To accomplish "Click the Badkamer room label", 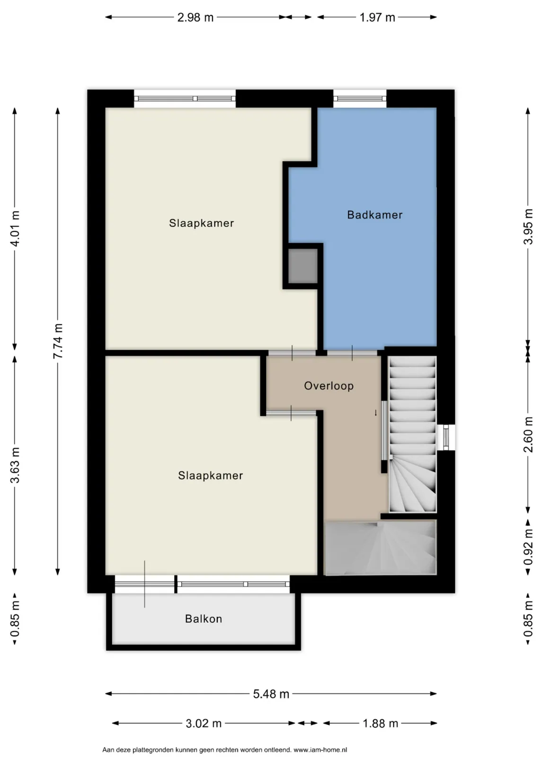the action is point(374,215).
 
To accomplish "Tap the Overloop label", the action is point(329,386).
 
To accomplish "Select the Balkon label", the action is point(204,618).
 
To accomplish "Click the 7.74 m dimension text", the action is point(58,341).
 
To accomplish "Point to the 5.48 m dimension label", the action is point(271,694).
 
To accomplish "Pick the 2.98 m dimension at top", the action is point(195,17).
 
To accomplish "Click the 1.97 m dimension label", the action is point(377,17).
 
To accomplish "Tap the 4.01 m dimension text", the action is point(15,228).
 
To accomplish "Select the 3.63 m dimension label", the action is point(15,465).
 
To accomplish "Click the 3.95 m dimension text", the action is point(528,226).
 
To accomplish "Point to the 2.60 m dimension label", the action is point(528,434).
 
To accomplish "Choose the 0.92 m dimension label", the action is point(528,547).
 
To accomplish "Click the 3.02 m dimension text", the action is point(204,723).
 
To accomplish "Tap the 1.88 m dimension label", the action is point(380,723).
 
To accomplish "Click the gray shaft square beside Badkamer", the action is point(302,266).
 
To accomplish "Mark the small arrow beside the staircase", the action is point(375,413).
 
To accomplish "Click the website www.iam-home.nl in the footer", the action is point(320,749).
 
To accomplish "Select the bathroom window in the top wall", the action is point(360,98).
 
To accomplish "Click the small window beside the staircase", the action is point(446,437).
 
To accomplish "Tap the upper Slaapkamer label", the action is point(201,223).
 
